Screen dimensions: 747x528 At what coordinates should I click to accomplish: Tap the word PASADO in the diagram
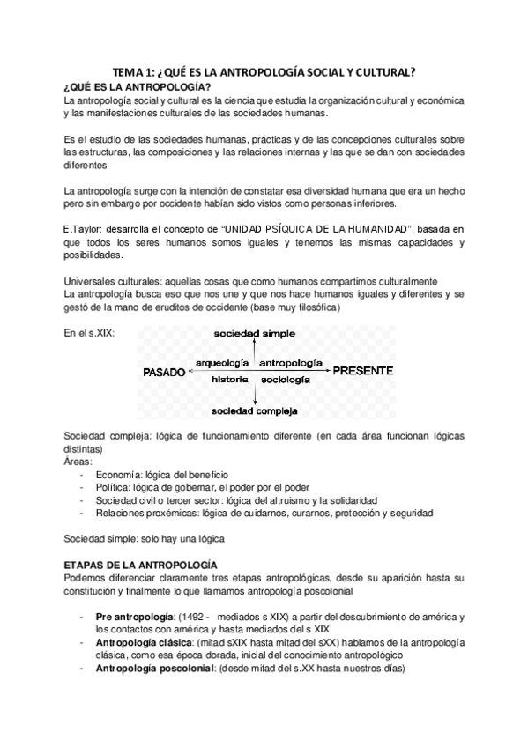click(164, 372)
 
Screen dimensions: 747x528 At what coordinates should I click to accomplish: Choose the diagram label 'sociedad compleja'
click(254, 410)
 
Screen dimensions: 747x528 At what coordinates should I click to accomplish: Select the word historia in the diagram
click(229, 379)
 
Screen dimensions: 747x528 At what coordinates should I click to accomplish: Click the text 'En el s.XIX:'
click(90, 333)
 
